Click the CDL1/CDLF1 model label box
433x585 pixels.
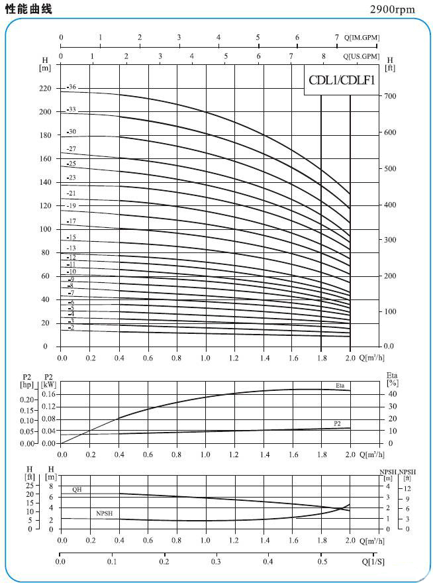tap(342, 81)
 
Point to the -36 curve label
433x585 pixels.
tap(72, 87)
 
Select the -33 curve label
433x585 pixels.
tap(72, 109)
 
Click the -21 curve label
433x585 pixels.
tap(72, 193)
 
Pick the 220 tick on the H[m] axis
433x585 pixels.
tap(45, 89)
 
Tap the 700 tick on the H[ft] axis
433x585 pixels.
tap(391, 97)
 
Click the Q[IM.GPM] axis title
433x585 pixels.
tap(361, 38)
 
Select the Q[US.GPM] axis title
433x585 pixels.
tap(361, 56)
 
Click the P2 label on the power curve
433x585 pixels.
tap(338, 423)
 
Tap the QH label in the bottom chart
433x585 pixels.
tap(77, 489)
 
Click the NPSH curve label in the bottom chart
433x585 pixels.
tap(104, 513)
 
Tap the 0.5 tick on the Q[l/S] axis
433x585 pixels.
tap(321, 561)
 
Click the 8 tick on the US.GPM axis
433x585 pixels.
tap(324, 56)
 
